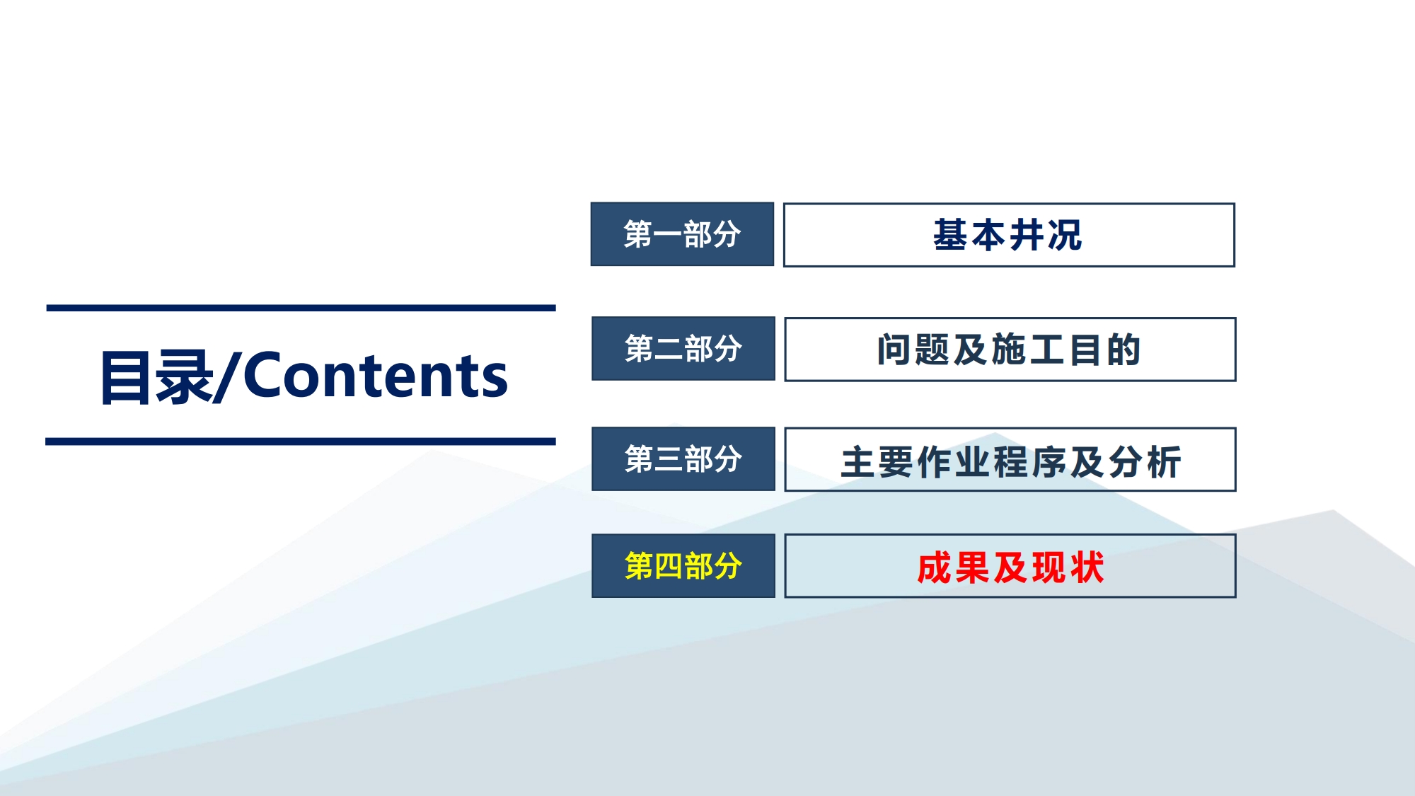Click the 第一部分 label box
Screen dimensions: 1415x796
[682, 234]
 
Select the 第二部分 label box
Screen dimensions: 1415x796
[683, 348]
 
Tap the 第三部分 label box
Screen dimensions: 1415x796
[683, 458]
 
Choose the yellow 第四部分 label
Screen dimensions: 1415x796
[683, 566]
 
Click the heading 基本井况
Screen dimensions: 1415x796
[1007, 235]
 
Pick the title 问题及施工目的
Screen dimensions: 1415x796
[1009, 350]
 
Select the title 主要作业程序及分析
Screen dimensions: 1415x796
[1011, 462]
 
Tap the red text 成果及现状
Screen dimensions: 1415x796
[1010, 567]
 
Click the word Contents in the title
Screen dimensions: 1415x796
[375, 376]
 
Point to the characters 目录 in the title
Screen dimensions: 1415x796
[156, 377]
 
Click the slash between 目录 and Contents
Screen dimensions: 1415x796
[229, 376]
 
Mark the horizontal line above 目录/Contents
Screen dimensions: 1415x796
[301, 308]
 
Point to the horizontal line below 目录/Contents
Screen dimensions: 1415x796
[301, 442]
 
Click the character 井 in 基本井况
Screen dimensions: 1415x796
[1027, 235]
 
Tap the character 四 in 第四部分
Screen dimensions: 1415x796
[669, 566]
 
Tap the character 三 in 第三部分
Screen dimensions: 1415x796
[669, 459]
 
